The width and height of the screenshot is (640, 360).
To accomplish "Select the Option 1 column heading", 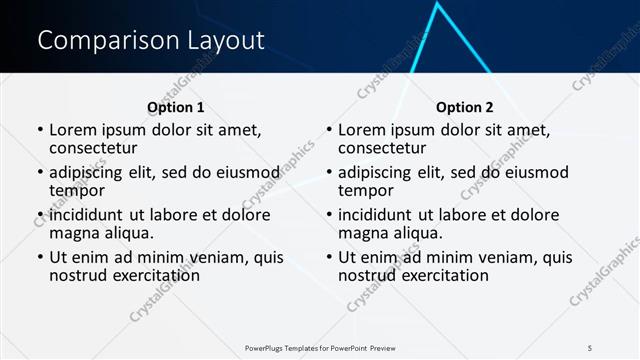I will (175, 107).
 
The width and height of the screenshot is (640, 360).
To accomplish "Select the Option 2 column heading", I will (465, 107).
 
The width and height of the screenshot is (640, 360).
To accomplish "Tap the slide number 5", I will (590, 347).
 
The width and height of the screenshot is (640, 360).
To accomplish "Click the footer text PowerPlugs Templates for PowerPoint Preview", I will (320, 347).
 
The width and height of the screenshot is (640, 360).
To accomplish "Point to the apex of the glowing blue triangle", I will (437, 5).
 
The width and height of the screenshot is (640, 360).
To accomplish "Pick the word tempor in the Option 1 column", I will (77, 189).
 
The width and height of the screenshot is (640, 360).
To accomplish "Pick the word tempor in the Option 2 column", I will (366, 189).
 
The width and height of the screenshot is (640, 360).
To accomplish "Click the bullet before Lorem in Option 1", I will (40, 130).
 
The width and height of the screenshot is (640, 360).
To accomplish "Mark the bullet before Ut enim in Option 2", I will (329, 257).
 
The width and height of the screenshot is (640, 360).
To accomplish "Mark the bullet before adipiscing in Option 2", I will (329, 172).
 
